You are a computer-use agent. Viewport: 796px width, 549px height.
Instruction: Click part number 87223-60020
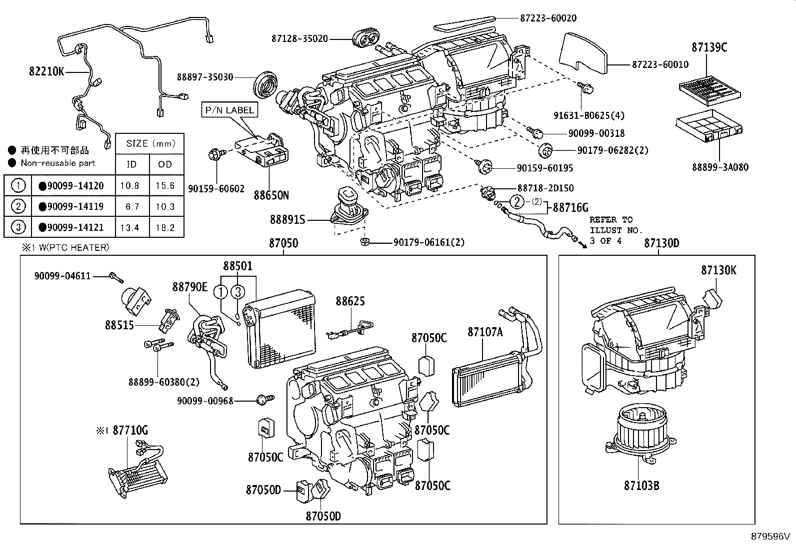point(548,18)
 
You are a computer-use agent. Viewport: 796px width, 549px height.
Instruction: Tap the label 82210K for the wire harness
point(46,71)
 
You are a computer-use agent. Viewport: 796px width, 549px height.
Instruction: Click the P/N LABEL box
point(230,110)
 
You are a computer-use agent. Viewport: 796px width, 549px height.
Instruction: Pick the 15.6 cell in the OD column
point(165,185)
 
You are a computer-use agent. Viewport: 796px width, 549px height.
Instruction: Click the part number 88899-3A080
point(720,167)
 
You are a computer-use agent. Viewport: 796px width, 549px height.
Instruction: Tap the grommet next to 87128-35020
point(366,38)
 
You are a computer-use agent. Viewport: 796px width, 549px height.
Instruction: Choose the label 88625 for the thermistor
point(350,301)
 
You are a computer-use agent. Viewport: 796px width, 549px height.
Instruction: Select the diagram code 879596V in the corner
point(769,537)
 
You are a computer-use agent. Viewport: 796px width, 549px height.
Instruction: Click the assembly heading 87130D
point(661,243)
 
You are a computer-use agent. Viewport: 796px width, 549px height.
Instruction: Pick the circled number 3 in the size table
point(18,227)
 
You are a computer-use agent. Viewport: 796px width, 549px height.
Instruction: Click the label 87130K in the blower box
point(718,270)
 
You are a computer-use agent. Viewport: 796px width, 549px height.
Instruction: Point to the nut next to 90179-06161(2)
point(365,242)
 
